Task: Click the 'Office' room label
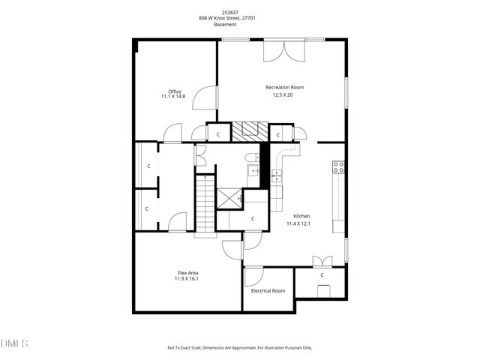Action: (175, 91)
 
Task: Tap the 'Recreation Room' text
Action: (284, 88)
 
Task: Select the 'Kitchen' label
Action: (301, 216)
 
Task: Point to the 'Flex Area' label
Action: (187, 272)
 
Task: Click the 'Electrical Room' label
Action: (268, 290)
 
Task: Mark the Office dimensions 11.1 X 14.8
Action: (175, 97)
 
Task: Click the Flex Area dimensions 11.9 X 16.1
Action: (187, 278)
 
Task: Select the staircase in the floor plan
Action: (205, 204)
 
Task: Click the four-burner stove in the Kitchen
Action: (338, 167)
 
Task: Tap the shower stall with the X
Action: (229, 199)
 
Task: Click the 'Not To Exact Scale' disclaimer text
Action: (239, 348)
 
